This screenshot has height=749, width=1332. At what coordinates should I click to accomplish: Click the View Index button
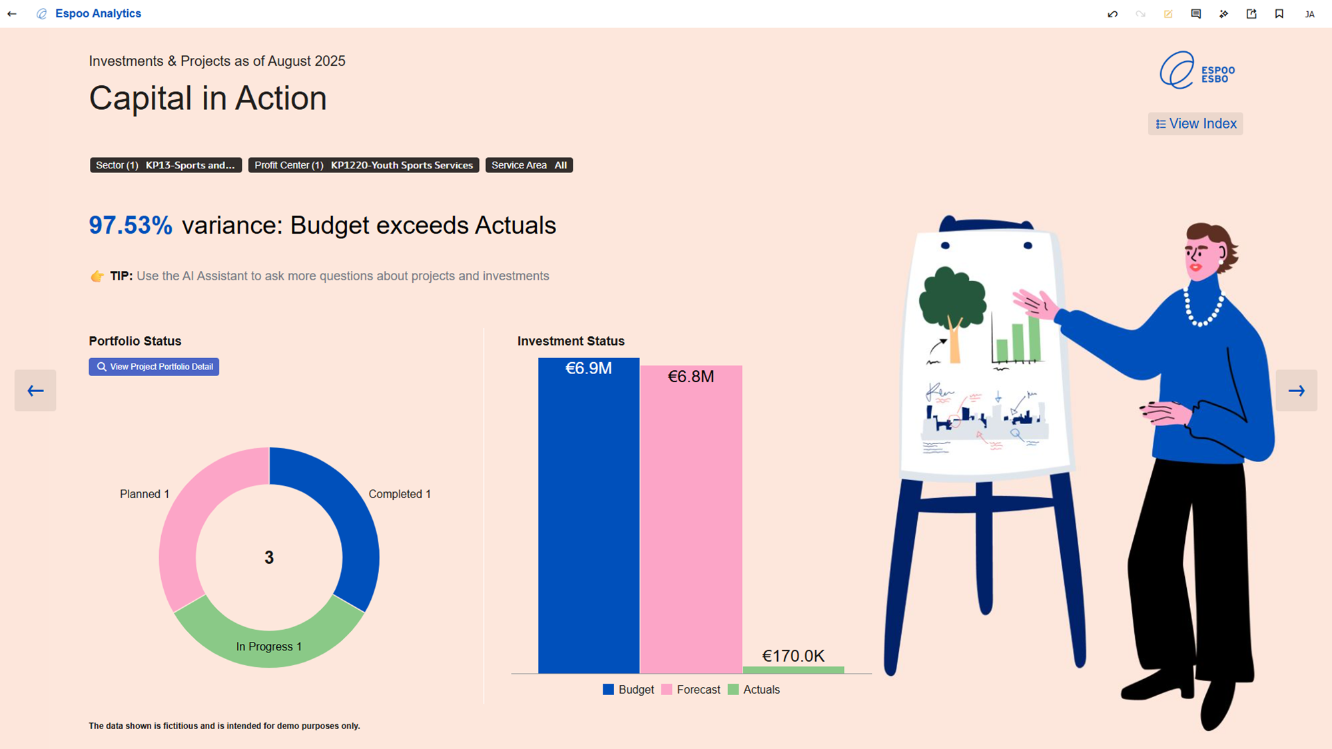(1195, 124)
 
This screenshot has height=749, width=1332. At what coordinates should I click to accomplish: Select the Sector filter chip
(166, 165)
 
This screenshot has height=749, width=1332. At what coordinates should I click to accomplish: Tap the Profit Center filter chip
(364, 165)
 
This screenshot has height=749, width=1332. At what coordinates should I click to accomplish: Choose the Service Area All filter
(529, 165)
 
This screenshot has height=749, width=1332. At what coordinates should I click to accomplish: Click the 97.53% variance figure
(131, 226)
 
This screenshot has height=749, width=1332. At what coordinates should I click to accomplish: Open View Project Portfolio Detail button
(154, 367)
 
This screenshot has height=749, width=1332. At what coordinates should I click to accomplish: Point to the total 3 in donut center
(269, 558)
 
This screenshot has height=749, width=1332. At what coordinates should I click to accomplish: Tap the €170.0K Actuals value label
(793, 656)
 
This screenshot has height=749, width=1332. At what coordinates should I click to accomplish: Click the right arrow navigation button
(1296, 391)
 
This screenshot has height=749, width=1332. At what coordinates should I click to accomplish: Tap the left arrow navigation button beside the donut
(35, 391)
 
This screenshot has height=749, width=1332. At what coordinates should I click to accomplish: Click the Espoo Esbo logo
(1197, 71)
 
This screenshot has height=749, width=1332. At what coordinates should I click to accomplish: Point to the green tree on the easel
(952, 300)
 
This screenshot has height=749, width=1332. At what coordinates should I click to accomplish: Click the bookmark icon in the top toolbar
(1279, 14)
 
